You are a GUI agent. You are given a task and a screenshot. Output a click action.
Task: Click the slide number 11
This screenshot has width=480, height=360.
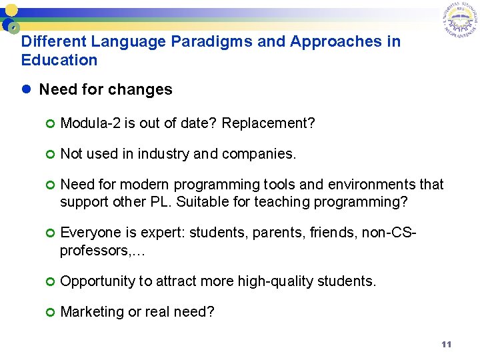[446, 345]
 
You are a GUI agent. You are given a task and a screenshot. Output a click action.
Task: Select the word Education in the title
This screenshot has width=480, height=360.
[59, 60]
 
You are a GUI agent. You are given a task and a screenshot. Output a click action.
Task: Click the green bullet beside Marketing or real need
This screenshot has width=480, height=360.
[50, 312]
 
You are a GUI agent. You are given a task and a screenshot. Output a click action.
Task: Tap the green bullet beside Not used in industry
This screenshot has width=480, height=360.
[50, 155]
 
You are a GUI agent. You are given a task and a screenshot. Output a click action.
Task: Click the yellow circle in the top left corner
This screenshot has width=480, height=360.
[11, 11]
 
